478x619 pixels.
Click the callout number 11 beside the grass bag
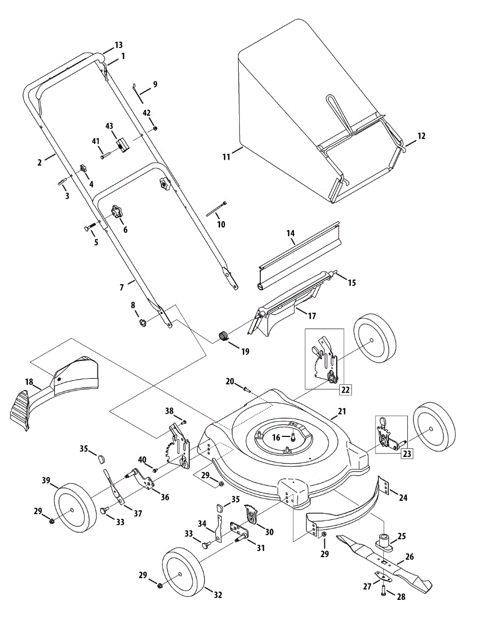click(x=226, y=157)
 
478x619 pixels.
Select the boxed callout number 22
click(x=345, y=389)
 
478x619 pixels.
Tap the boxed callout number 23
click(x=406, y=454)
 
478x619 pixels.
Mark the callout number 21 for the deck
click(x=342, y=412)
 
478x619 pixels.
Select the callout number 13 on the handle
click(x=119, y=45)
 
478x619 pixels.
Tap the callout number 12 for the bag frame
click(x=421, y=136)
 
